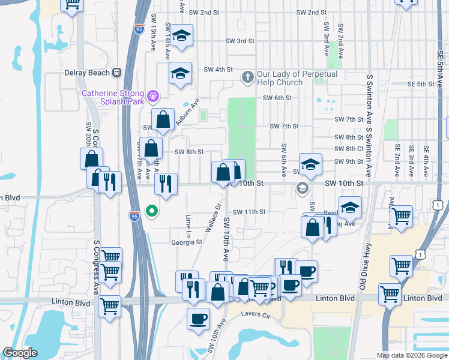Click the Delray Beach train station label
(87, 73)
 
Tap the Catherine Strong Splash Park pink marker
(153, 95)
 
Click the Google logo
(20, 353)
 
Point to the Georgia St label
(187, 242)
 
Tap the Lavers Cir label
(258, 314)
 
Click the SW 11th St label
(249, 212)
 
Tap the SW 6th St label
(277, 98)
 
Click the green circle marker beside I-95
(152, 211)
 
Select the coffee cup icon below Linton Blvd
(198, 319)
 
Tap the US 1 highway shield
(439, 206)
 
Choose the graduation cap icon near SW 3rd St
(181, 36)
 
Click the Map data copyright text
(411, 355)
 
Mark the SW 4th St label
(218, 70)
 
